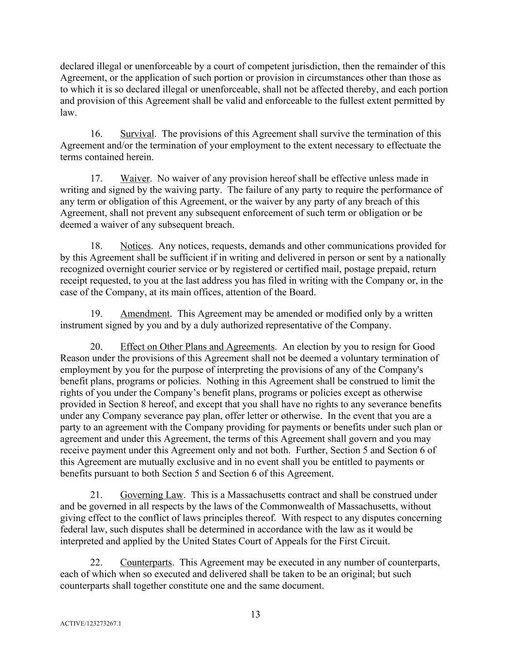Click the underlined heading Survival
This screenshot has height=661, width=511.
click(x=137, y=134)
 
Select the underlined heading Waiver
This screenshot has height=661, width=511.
click(x=135, y=179)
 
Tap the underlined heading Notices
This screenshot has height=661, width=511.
click(x=136, y=246)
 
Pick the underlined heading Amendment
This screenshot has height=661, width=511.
click(x=145, y=314)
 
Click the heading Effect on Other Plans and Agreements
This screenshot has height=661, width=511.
click(x=197, y=347)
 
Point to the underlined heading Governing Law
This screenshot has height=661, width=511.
click(x=152, y=495)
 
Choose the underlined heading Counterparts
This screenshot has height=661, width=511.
click(x=146, y=563)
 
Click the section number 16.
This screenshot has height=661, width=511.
click(x=96, y=134)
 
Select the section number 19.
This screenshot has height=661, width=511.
click(x=96, y=314)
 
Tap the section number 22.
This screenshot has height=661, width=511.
click(x=96, y=563)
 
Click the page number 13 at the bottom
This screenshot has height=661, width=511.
click(x=255, y=615)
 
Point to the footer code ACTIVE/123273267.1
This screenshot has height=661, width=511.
click(x=91, y=624)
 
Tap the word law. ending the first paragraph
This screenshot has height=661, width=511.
click(x=68, y=113)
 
